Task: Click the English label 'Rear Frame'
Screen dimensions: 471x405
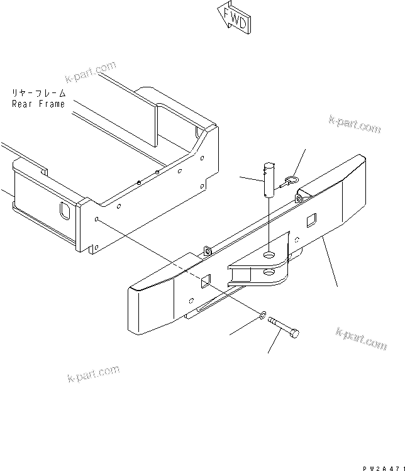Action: (x=38, y=104)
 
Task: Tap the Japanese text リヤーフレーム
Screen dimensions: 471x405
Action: (x=38, y=93)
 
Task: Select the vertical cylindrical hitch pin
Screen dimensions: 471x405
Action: (x=269, y=182)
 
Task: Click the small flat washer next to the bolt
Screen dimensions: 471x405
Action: (x=262, y=313)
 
